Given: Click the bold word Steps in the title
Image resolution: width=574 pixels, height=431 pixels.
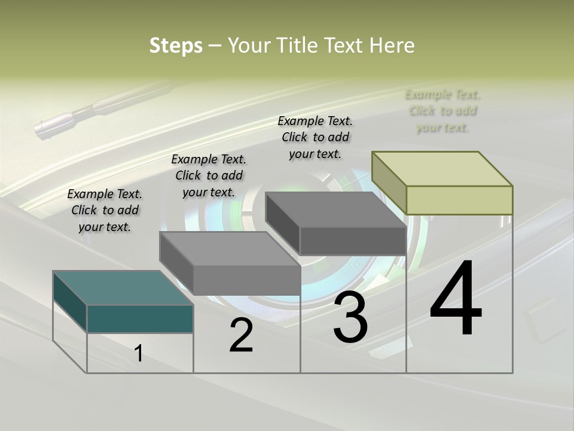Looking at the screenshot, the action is pyautogui.click(x=176, y=45).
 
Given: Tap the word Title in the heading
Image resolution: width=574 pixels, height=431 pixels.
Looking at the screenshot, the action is pyautogui.click(x=297, y=45).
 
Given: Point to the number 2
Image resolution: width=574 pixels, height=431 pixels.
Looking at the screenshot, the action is pyautogui.click(x=241, y=335).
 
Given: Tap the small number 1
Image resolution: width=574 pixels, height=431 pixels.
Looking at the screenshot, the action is pyautogui.click(x=139, y=353).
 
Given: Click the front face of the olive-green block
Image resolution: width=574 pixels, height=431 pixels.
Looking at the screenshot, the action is pyautogui.click(x=459, y=200).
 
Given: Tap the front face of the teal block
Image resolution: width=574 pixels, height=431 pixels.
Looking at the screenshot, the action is pyautogui.click(x=140, y=318).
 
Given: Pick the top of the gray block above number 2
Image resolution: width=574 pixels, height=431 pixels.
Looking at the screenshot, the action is pyautogui.click(x=229, y=248).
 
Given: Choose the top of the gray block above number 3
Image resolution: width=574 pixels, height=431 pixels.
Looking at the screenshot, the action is pyautogui.click(x=335, y=210).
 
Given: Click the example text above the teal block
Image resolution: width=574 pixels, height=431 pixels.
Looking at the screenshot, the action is pyautogui.click(x=105, y=210).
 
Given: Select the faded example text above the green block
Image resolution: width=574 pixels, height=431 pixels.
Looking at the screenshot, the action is pyautogui.click(x=442, y=111).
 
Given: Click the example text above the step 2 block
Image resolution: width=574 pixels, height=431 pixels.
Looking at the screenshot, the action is pyautogui.click(x=209, y=175).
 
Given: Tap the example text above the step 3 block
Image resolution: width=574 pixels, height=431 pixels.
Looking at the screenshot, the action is pyautogui.click(x=315, y=137).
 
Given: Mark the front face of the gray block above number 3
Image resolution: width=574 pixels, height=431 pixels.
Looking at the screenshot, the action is pyautogui.click(x=353, y=241).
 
